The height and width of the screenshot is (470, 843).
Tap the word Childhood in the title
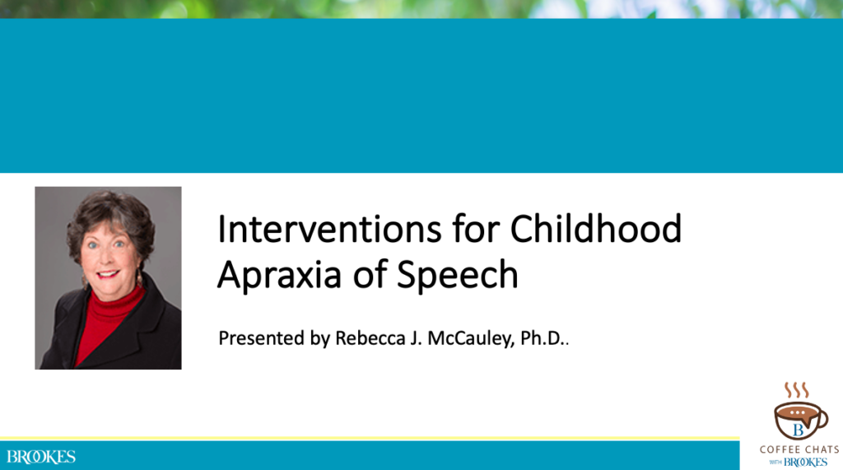[596, 229]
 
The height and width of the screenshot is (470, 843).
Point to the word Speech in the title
[458, 276]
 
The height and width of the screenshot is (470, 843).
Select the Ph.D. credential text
[543, 338]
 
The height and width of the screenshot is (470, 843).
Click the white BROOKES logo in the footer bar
[41, 457]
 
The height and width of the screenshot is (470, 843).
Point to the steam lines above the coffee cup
[797, 389]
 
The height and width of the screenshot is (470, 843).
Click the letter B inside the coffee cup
[797, 429]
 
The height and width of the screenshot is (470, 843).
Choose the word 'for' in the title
[477, 229]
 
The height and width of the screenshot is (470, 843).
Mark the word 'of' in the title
[375, 276]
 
